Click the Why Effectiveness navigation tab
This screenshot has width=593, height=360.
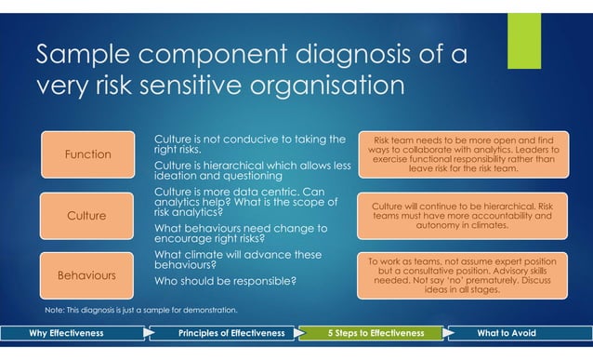click(x=67, y=333)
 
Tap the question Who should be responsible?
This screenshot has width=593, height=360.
click(x=225, y=280)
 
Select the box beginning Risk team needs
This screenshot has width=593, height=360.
click(x=463, y=153)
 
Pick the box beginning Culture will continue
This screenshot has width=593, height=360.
click(x=463, y=215)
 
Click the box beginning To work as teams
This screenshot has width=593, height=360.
click(x=463, y=275)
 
